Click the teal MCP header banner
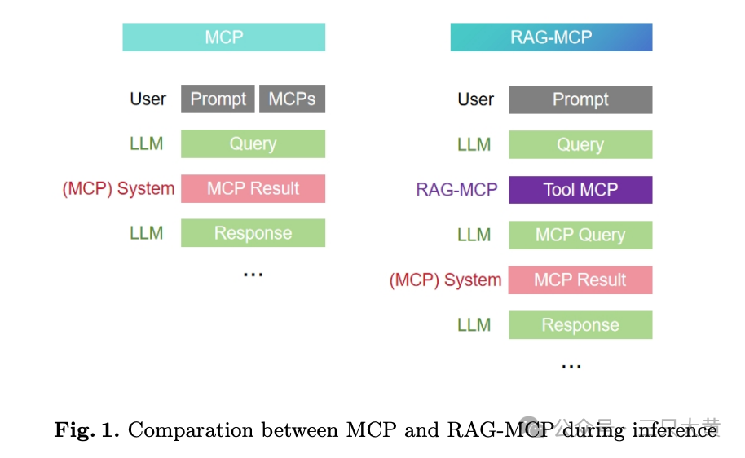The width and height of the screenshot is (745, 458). click(x=223, y=37)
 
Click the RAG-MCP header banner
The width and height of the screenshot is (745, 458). click(x=551, y=37)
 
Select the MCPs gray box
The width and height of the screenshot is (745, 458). click(x=292, y=99)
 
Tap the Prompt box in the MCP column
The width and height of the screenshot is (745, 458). click(x=218, y=99)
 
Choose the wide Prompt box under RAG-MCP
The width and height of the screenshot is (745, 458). click(x=580, y=100)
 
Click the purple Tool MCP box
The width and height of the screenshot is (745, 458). click(x=580, y=190)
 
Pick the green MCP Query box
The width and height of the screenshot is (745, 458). click(x=580, y=236)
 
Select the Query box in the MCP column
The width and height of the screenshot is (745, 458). click(x=253, y=144)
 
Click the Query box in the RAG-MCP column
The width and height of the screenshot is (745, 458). click(x=580, y=145)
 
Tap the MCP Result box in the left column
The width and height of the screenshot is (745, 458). click(x=253, y=189)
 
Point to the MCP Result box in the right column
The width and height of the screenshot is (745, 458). click(x=580, y=280)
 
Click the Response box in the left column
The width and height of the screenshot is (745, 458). click(x=253, y=234)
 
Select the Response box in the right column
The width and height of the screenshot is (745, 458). click(x=580, y=326)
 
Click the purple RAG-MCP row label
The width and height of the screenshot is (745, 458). click(x=456, y=190)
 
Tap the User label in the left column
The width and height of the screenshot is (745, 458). click(x=148, y=99)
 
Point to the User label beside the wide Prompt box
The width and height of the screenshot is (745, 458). click(x=475, y=100)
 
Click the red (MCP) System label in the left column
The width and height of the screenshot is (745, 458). click(x=118, y=189)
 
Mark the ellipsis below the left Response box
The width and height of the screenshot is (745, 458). click(x=253, y=275)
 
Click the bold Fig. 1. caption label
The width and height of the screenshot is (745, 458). click(x=86, y=429)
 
